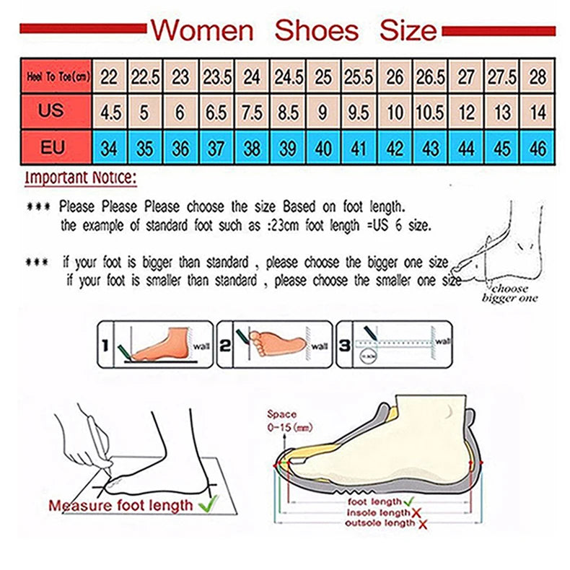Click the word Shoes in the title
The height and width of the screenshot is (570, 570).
tap(317, 30)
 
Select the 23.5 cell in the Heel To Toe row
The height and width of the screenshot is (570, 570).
tap(216, 76)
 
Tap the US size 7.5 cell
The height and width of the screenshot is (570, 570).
tap(252, 113)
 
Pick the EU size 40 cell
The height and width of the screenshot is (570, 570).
tap(323, 149)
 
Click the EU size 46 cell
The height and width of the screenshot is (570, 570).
tap(538, 149)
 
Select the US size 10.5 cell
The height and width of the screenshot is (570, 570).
tap(430, 113)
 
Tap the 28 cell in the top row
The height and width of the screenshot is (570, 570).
tap(538, 76)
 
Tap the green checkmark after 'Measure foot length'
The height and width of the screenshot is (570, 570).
tap(209, 504)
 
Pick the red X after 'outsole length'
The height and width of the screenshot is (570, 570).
tap(422, 523)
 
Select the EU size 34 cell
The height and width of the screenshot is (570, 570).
tap(109, 149)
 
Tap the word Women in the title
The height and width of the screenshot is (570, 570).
tap(203, 30)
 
